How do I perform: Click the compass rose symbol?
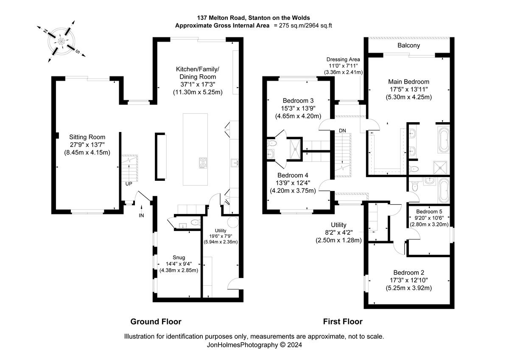coord(62,41)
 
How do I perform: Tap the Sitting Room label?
coord(87,137)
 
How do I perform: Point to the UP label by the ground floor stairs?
coord(129,184)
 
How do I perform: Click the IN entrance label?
coord(141,216)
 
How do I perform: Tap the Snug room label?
coord(179,257)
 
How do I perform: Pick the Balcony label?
coord(408,45)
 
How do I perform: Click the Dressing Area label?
coord(343,59)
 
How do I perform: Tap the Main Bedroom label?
coord(408,82)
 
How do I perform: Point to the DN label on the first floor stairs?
coord(342,130)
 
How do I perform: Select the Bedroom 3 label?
coord(298,101)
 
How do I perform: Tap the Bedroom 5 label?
coord(429,211)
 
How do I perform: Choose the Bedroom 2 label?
coord(408,273)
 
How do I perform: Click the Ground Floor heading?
coord(156,321)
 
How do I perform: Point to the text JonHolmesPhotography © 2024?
coord(254,345)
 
